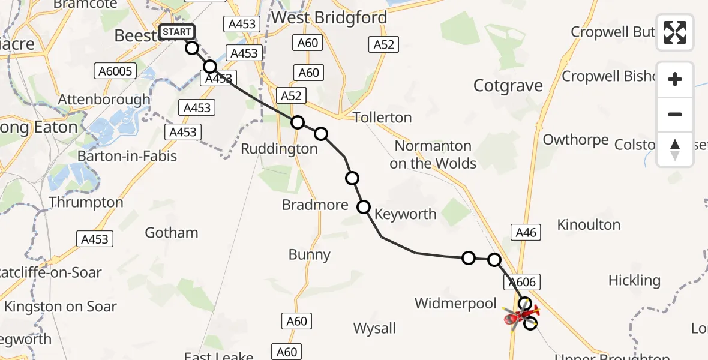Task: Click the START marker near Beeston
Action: click(177, 32)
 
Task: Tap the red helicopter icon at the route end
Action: click(521, 316)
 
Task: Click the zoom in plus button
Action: click(675, 79)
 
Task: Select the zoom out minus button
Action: click(675, 114)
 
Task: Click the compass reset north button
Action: click(675, 149)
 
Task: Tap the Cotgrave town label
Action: click(508, 86)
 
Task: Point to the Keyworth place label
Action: click(406, 214)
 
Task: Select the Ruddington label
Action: click(279, 149)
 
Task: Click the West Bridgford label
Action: click(329, 17)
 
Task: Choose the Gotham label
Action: click(172, 233)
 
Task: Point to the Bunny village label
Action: click(310, 255)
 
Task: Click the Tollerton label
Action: click(382, 118)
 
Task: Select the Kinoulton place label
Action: click(589, 225)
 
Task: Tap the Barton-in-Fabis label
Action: click(127, 156)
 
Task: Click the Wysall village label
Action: click(374, 328)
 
